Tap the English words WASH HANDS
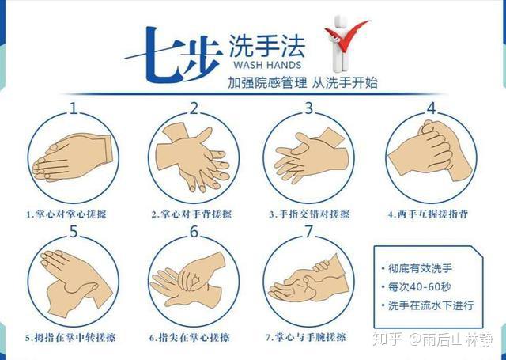(x=267, y=65)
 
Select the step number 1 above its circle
(x=74, y=108)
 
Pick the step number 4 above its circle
(x=431, y=108)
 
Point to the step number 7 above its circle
(x=309, y=231)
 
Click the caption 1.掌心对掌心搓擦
(x=66, y=214)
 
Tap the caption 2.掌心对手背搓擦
(x=191, y=214)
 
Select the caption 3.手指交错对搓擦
(x=309, y=214)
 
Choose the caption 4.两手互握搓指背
(x=428, y=214)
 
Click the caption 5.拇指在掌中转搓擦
(x=70, y=338)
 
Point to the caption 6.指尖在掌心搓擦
(x=190, y=338)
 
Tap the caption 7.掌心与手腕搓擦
(x=306, y=338)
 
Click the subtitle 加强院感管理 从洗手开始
(x=302, y=82)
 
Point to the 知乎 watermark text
(x=387, y=339)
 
